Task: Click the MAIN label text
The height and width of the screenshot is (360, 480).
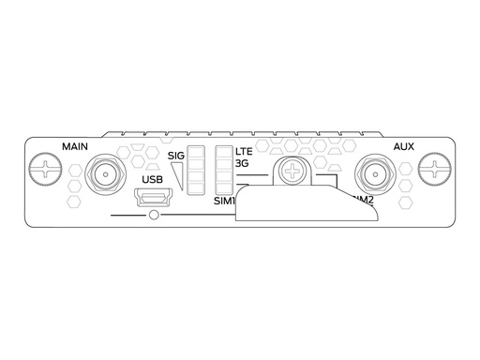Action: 75,146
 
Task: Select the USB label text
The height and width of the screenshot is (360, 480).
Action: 152,179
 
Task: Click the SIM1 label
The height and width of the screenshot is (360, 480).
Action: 225,201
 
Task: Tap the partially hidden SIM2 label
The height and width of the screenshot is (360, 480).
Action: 360,200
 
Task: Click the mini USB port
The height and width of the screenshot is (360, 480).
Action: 153,198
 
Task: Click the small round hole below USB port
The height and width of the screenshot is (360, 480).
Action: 153,217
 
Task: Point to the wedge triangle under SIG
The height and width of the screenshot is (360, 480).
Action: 179,173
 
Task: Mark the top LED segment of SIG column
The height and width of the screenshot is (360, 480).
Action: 197,152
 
